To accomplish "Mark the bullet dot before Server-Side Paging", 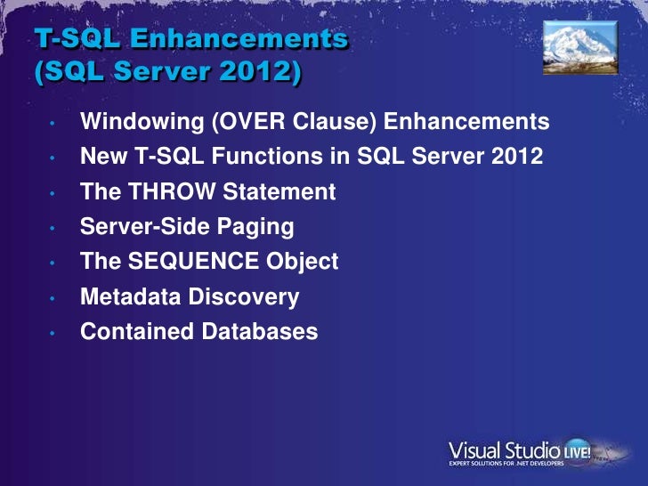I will pyautogui.click(x=53, y=229).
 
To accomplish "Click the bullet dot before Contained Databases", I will pyautogui.click(x=53, y=334).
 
